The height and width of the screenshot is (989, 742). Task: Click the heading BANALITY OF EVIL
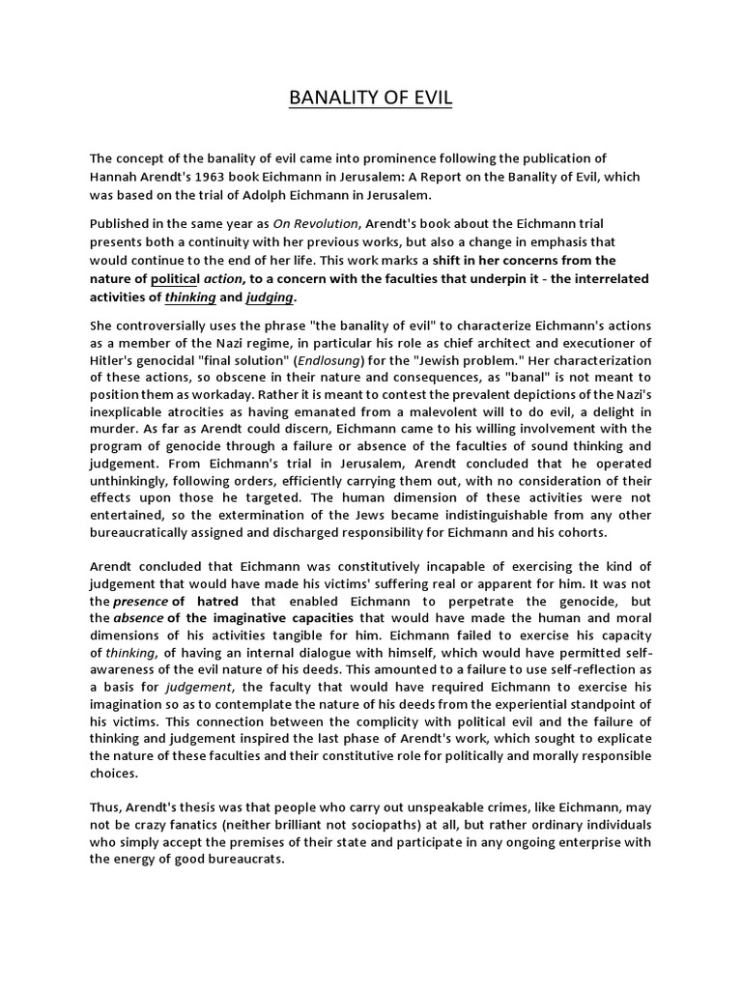pyautogui.click(x=371, y=99)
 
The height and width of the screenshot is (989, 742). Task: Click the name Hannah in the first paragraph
pyautogui.click(x=115, y=177)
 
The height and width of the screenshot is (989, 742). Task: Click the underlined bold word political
pyautogui.click(x=181, y=278)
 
